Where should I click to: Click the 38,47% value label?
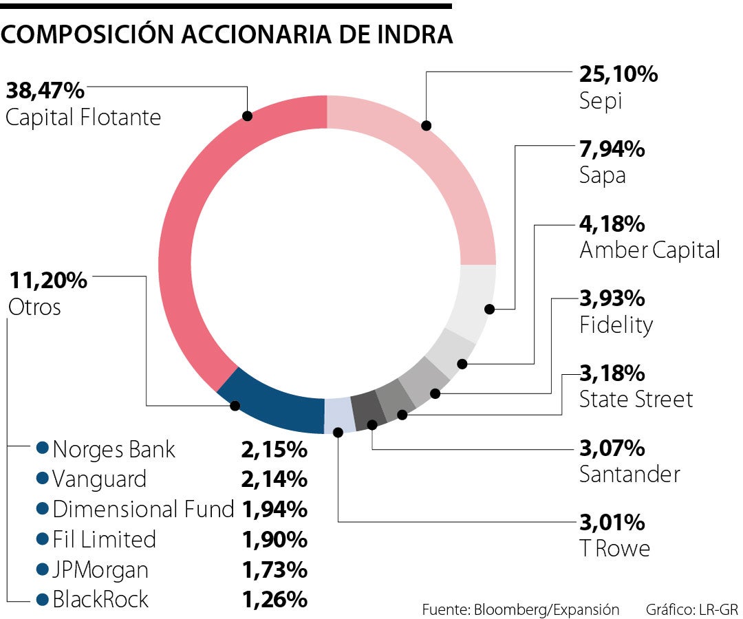pos(45,90)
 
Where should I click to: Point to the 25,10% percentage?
pos(618,74)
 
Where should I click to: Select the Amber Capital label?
pos(649,250)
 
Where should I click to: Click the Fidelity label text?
pos(616,325)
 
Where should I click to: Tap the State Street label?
pos(636,399)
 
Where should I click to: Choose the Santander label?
pos(629,474)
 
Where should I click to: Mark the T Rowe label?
pos(614,548)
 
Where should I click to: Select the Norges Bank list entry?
pos(114,450)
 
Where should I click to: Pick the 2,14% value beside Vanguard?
pos(274,479)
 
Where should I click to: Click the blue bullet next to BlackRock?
pos(43,599)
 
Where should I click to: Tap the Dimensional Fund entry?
pos(143,510)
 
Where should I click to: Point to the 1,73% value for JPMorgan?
pos(274,569)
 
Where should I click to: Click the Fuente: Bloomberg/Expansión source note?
pos(521,609)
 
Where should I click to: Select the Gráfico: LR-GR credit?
pos(691,609)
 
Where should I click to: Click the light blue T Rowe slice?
pos(339,415)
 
